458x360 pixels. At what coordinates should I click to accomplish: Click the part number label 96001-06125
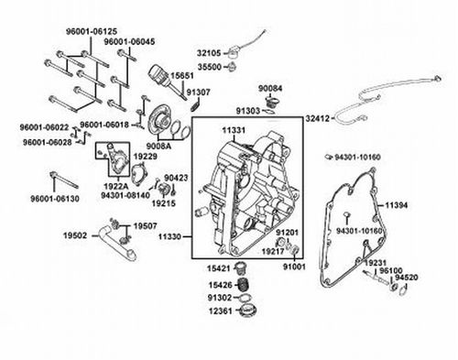(92, 31)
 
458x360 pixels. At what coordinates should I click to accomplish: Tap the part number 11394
(396, 205)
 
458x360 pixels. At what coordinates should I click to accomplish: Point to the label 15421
(218, 268)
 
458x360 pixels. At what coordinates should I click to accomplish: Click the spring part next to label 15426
(244, 285)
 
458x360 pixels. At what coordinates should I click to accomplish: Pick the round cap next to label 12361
(247, 311)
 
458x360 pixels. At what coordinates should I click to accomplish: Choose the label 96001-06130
(55, 199)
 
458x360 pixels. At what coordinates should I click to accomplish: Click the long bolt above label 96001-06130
(64, 180)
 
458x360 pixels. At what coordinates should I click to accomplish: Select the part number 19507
(145, 226)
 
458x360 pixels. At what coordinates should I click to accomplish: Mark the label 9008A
(158, 146)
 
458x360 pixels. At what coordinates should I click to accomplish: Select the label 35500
(210, 67)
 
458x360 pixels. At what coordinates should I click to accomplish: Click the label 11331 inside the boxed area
(234, 130)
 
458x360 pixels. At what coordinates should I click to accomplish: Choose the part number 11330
(169, 236)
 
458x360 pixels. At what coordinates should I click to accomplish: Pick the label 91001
(294, 267)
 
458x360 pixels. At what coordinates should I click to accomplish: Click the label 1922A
(116, 186)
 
